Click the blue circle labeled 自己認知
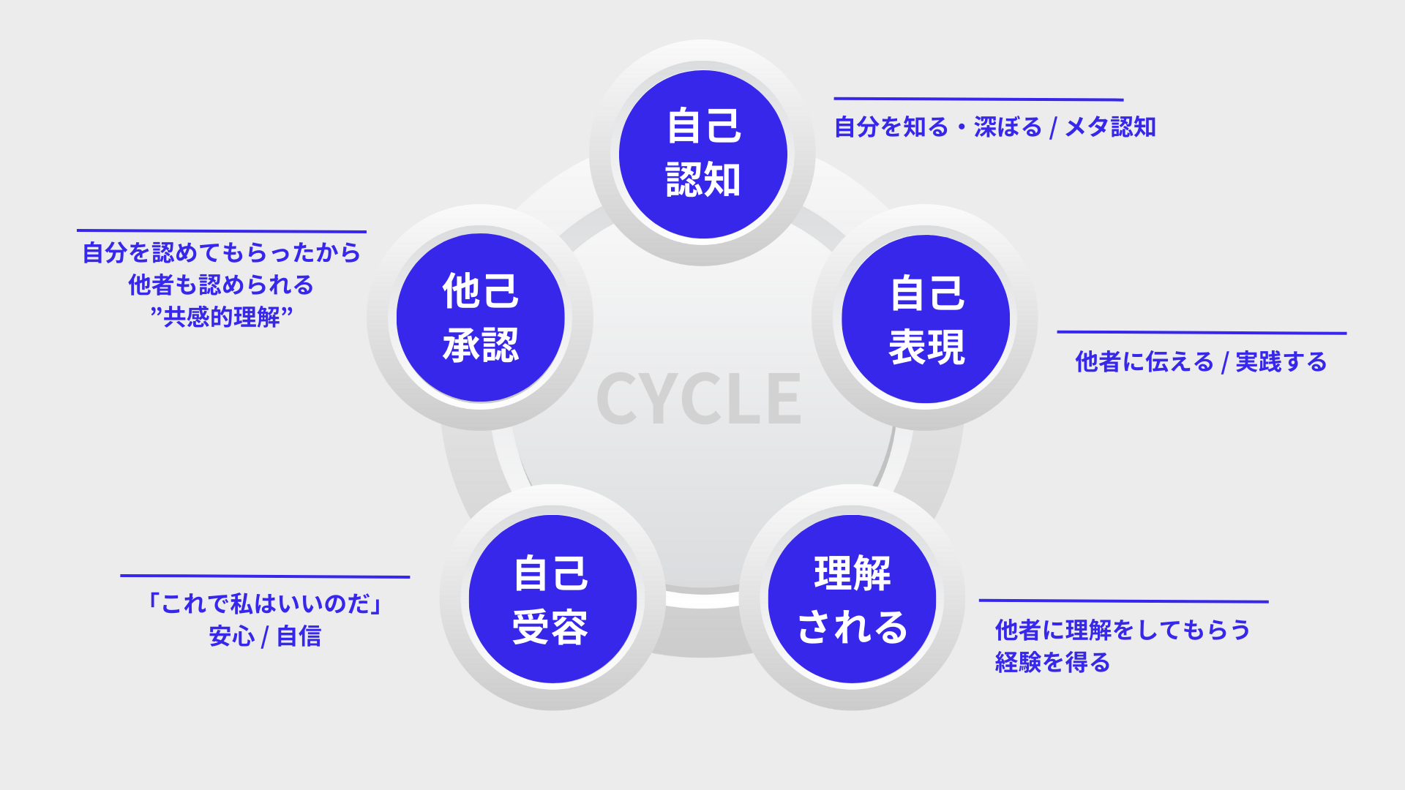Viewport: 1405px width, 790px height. tap(703, 154)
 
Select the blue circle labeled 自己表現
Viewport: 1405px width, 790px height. tap(926, 319)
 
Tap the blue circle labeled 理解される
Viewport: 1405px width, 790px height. tap(852, 599)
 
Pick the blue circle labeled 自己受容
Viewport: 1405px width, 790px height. tap(552, 599)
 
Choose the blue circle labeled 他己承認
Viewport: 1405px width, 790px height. tap(480, 317)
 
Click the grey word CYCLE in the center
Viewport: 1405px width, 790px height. tap(699, 399)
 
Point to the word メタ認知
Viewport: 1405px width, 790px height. tap(1110, 127)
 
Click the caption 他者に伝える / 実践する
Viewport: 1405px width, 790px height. tap(1201, 362)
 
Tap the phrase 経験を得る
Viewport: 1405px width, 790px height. tap(1052, 663)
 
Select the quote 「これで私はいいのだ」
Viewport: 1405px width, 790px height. tap(265, 603)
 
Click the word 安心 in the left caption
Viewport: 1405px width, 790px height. tap(231, 636)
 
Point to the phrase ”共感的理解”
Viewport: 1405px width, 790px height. tap(221, 317)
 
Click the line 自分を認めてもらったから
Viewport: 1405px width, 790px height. tap(221, 253)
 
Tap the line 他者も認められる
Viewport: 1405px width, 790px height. tap(221, 285)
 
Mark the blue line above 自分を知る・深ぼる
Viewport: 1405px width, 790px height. tap(978, 99)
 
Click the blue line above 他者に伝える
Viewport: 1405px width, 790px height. tap(1202, 333)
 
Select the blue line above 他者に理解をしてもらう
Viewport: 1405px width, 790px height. tap(1123, 601)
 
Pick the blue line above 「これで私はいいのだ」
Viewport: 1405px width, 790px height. tap(265, 576)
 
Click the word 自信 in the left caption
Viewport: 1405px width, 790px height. tap(299, 636)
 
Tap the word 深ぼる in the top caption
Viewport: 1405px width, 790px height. tap(1008, 127)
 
